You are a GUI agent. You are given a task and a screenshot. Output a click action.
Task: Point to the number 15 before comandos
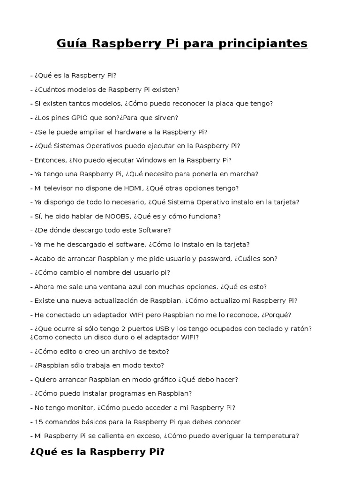pos(39,421)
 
